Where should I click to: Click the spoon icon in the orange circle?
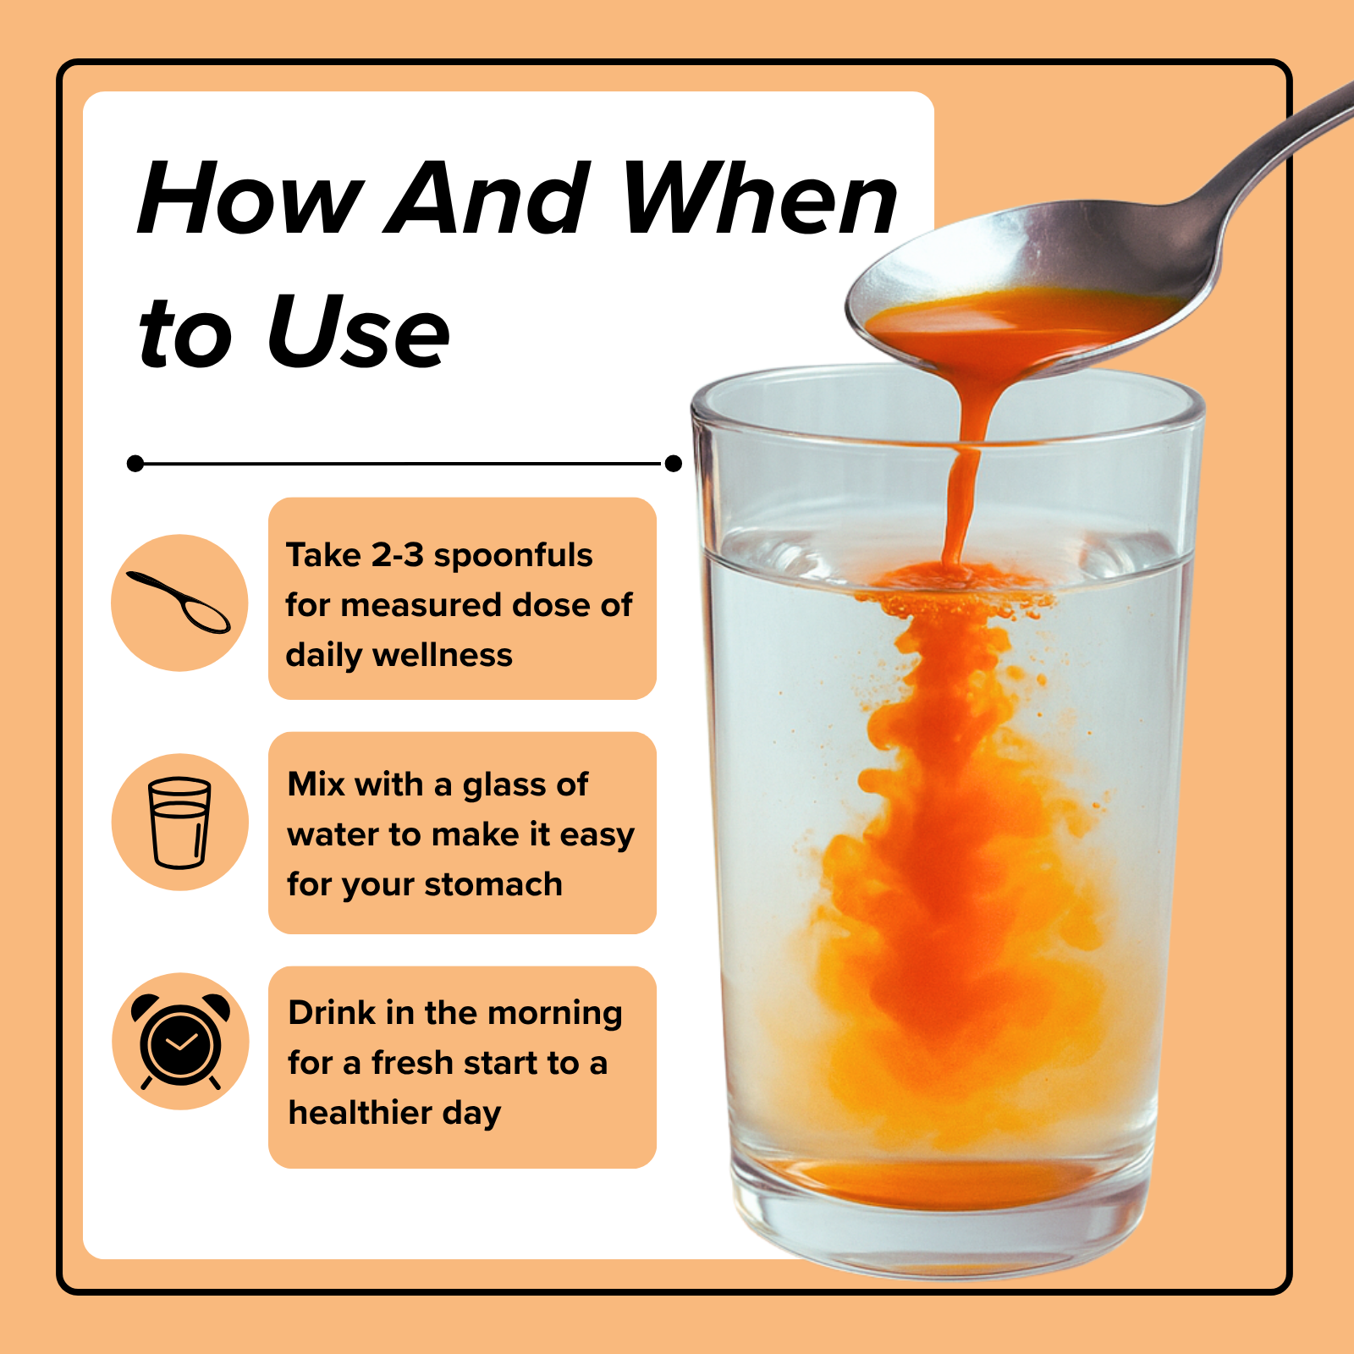click(179, 603)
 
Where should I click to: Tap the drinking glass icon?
click(179, 822)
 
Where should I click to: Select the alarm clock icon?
click(180, 1041)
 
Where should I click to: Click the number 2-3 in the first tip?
click(398, 555)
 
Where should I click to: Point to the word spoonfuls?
click(513, 555)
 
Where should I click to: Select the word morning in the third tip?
click(555, 1013)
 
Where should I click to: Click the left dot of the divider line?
click(135, 463)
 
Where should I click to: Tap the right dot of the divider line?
click(674, 463)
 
